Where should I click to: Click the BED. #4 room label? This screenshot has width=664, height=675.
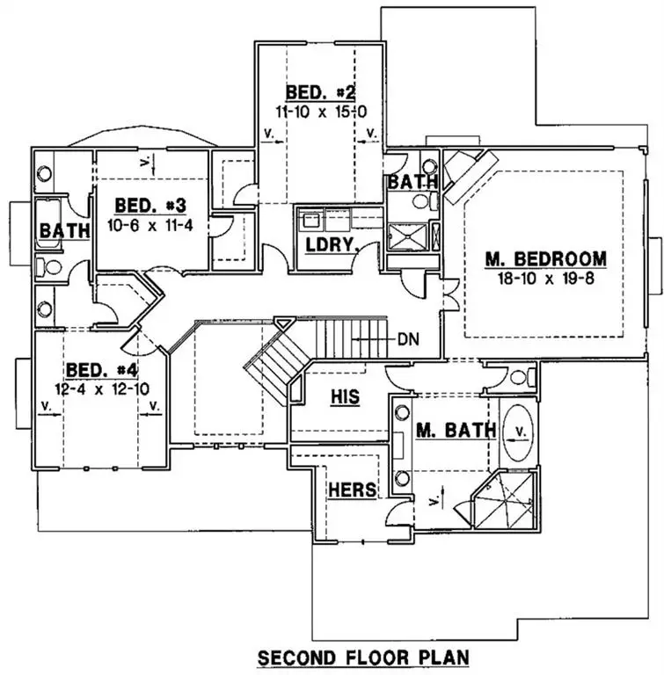(x=102, y=369)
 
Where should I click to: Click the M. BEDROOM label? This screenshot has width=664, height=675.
(x=545, y=259)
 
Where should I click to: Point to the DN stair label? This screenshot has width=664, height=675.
(x=407, y=337)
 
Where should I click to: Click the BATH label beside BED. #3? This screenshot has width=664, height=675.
(x=64, y=231)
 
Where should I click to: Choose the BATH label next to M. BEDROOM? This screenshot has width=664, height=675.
(x=412, y=182)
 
